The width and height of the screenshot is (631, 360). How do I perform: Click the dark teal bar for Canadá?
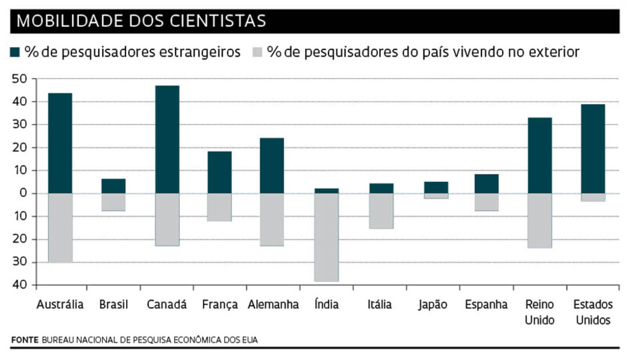(x=167, y=139)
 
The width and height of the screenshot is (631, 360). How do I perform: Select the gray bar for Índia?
(x=326, y=237)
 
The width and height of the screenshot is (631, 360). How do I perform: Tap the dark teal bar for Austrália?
(x=60, y=143)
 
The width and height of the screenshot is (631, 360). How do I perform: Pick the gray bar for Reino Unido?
(x=540, y=220)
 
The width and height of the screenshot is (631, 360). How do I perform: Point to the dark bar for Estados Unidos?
(x=593, y=149)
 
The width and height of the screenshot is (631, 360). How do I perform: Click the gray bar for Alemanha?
(x=272, y=219)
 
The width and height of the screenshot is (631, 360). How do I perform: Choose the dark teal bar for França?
(x=219, y=172)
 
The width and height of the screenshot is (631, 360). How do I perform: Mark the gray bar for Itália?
(x=380, y=211)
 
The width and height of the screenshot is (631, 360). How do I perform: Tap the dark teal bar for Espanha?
(x=486, y=183)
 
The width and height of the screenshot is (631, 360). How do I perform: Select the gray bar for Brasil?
(x=113, y=202)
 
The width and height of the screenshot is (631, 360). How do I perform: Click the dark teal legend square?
(x=16, y=53)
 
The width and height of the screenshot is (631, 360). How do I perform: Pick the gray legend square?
(x=257, y=53)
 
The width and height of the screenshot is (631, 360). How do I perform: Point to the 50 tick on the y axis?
(x=20, y=79)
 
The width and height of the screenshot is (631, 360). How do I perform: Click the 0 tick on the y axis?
(x=24, y=193)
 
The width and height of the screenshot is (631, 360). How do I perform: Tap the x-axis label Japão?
(x=432, y=305)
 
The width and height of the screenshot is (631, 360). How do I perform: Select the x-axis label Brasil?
(x=113, y=305)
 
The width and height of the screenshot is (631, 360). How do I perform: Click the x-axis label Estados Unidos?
(x=593, y=312)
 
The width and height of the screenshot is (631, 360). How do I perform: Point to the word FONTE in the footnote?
(x=24, y=340)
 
